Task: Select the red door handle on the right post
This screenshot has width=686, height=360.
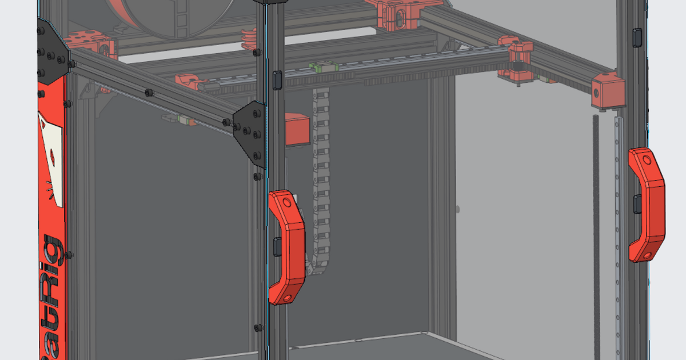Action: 647,204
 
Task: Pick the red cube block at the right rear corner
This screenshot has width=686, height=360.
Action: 608,91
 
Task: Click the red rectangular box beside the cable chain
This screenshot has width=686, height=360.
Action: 297,129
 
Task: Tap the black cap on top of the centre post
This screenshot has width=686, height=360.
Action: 273,2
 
